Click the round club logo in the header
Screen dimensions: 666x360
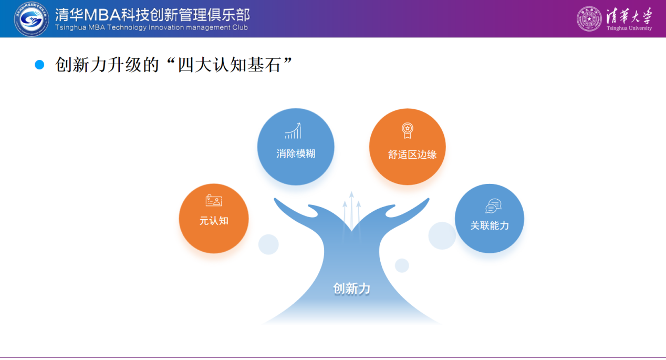[31, 19]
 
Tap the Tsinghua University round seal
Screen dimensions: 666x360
[589, 19]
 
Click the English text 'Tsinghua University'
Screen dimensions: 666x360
[629, 28]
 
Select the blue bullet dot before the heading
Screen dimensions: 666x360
[39, 65]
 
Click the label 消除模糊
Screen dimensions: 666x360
[296, 153]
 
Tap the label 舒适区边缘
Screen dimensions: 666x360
[412, 155]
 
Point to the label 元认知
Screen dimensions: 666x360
[214, 221]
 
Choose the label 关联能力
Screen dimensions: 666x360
[490, 225]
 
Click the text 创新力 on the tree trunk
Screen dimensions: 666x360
[351, 289]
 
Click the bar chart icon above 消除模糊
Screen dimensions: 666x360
[293, 131]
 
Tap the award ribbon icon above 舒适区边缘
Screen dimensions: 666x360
[408, 131]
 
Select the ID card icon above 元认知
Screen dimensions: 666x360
[214, 200]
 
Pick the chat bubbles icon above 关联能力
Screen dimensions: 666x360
[494, 206]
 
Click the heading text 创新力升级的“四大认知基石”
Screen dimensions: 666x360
[174, 65]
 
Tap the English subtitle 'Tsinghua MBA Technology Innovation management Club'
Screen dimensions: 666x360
[151, 27]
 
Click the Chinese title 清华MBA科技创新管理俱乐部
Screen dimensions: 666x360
[152, 15]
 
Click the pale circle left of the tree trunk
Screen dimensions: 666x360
[268, 244]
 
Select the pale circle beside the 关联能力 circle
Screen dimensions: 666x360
[442, 235]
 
